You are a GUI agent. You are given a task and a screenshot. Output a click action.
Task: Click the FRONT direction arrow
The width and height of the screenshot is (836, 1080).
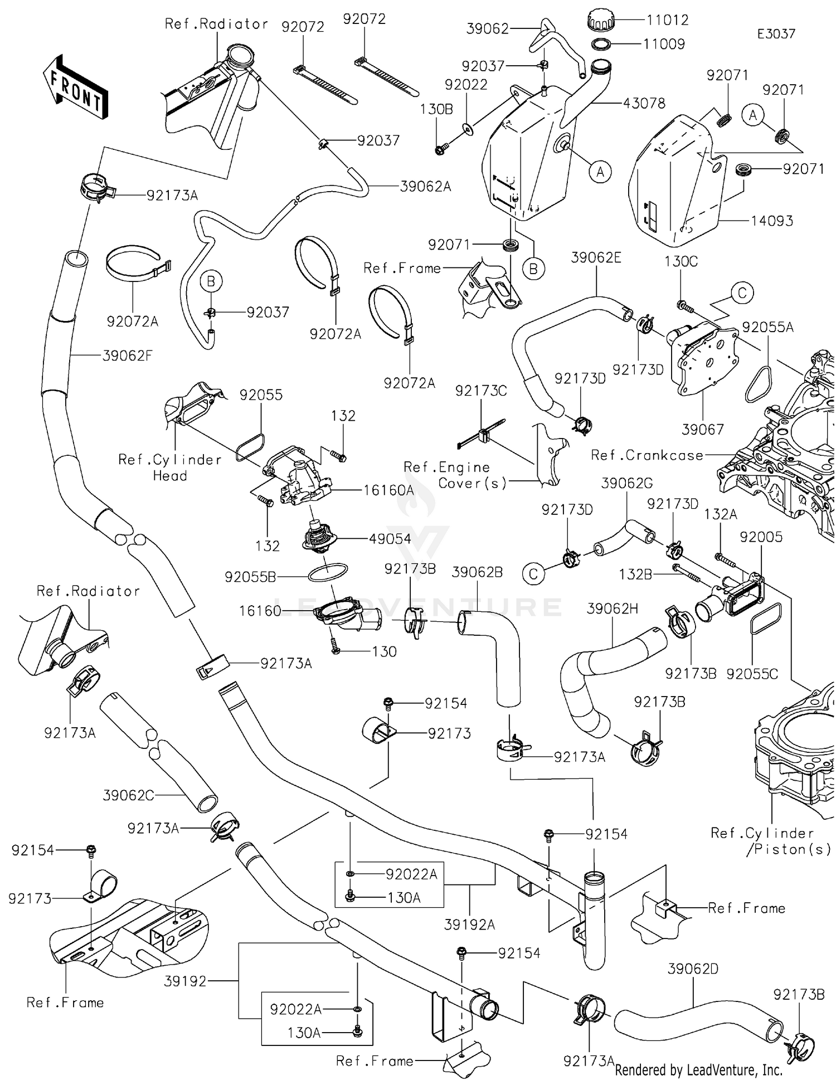[x=75, y=87]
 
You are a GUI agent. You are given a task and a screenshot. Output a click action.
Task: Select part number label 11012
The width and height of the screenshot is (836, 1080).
[x=667, y=20]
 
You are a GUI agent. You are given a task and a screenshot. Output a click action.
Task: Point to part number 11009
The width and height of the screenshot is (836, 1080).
[x=664, y=44]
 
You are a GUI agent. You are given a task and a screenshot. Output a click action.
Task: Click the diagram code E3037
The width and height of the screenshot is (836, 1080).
[x=776, y=34]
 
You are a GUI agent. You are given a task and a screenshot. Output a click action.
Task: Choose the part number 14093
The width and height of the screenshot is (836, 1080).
[x=771, y=221]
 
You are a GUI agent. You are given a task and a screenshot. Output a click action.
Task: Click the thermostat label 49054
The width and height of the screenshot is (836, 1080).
[x=390, y=539]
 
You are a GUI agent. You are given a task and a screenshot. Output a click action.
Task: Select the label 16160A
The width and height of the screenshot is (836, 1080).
[x=389, y=490]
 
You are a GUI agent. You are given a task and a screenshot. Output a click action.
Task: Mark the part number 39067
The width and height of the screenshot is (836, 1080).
[x=703, y=430]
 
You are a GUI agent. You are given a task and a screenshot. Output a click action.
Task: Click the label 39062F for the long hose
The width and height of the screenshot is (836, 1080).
[x=127, y=356]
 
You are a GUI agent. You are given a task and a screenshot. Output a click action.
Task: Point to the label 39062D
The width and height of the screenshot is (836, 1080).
[x=693, y=969]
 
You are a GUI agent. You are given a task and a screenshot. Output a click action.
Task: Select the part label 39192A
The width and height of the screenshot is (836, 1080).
[x=469, y=925]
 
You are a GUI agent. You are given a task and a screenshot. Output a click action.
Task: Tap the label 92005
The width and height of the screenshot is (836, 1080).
[x=761, y=537]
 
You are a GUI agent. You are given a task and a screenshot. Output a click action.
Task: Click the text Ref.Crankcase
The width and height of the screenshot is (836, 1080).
[x=647, y=455]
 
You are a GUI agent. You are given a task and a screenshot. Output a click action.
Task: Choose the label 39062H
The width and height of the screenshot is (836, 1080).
[x=612, y=609]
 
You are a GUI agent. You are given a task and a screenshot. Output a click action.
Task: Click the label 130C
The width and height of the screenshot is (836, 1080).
[x=681, y=261]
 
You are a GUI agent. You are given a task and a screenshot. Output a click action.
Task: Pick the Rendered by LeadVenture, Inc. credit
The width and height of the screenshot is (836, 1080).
[x=698, y=1070]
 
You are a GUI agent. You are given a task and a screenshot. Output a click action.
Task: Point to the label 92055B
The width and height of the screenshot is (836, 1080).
[x=250, y=577]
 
